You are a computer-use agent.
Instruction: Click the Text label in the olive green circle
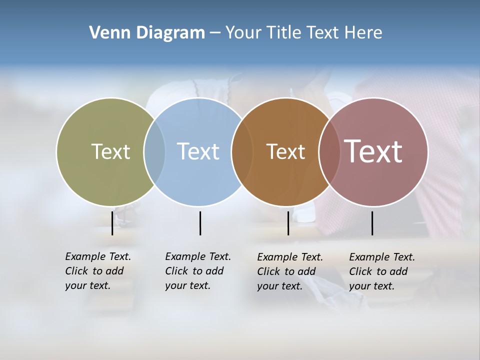(110, 151)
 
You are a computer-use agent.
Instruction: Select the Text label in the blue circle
(198, 151)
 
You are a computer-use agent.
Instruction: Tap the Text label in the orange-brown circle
(285, 151)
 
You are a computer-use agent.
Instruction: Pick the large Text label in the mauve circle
(373, 151)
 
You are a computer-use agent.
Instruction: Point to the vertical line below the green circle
(112, 223)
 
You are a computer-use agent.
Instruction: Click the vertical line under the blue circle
(200, 223)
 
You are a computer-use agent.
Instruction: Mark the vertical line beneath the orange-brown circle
(288, 223)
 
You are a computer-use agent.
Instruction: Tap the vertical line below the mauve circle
(372, 223)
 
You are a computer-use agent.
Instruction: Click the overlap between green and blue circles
(154, 151)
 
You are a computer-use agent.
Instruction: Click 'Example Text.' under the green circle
(98, 256)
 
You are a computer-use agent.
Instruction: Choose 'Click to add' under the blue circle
(194, 271)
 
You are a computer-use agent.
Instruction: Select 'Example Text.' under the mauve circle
(382, 257)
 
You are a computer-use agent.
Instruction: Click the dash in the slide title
(215, 33)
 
